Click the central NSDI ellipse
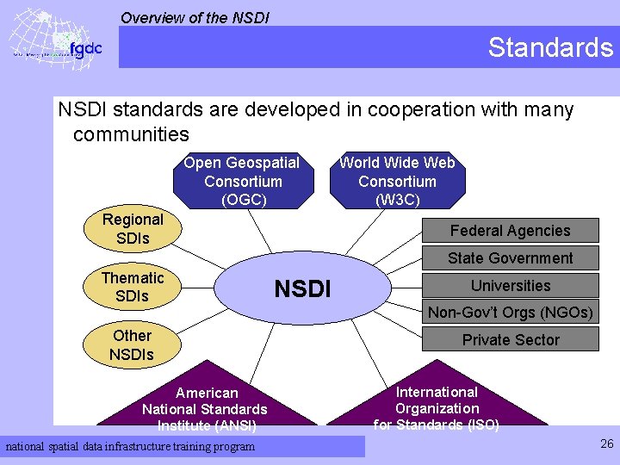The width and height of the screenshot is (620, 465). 302,288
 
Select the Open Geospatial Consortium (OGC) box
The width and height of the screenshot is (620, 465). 242,182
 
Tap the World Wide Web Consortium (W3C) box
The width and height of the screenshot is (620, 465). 397,182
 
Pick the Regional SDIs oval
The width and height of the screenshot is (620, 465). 132,228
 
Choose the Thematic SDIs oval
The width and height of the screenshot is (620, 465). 132,287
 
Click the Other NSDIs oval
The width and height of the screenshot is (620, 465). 132,344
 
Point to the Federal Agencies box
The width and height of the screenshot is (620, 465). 510,231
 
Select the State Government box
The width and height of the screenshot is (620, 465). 510,258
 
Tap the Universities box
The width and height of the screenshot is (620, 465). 510,286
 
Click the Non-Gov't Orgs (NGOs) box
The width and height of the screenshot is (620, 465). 510,313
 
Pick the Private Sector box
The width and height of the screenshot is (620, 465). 510,340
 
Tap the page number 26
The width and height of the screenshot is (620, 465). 605,444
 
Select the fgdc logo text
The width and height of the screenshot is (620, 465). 85,48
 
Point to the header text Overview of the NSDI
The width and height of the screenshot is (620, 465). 195,17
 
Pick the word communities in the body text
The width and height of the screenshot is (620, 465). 131,134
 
